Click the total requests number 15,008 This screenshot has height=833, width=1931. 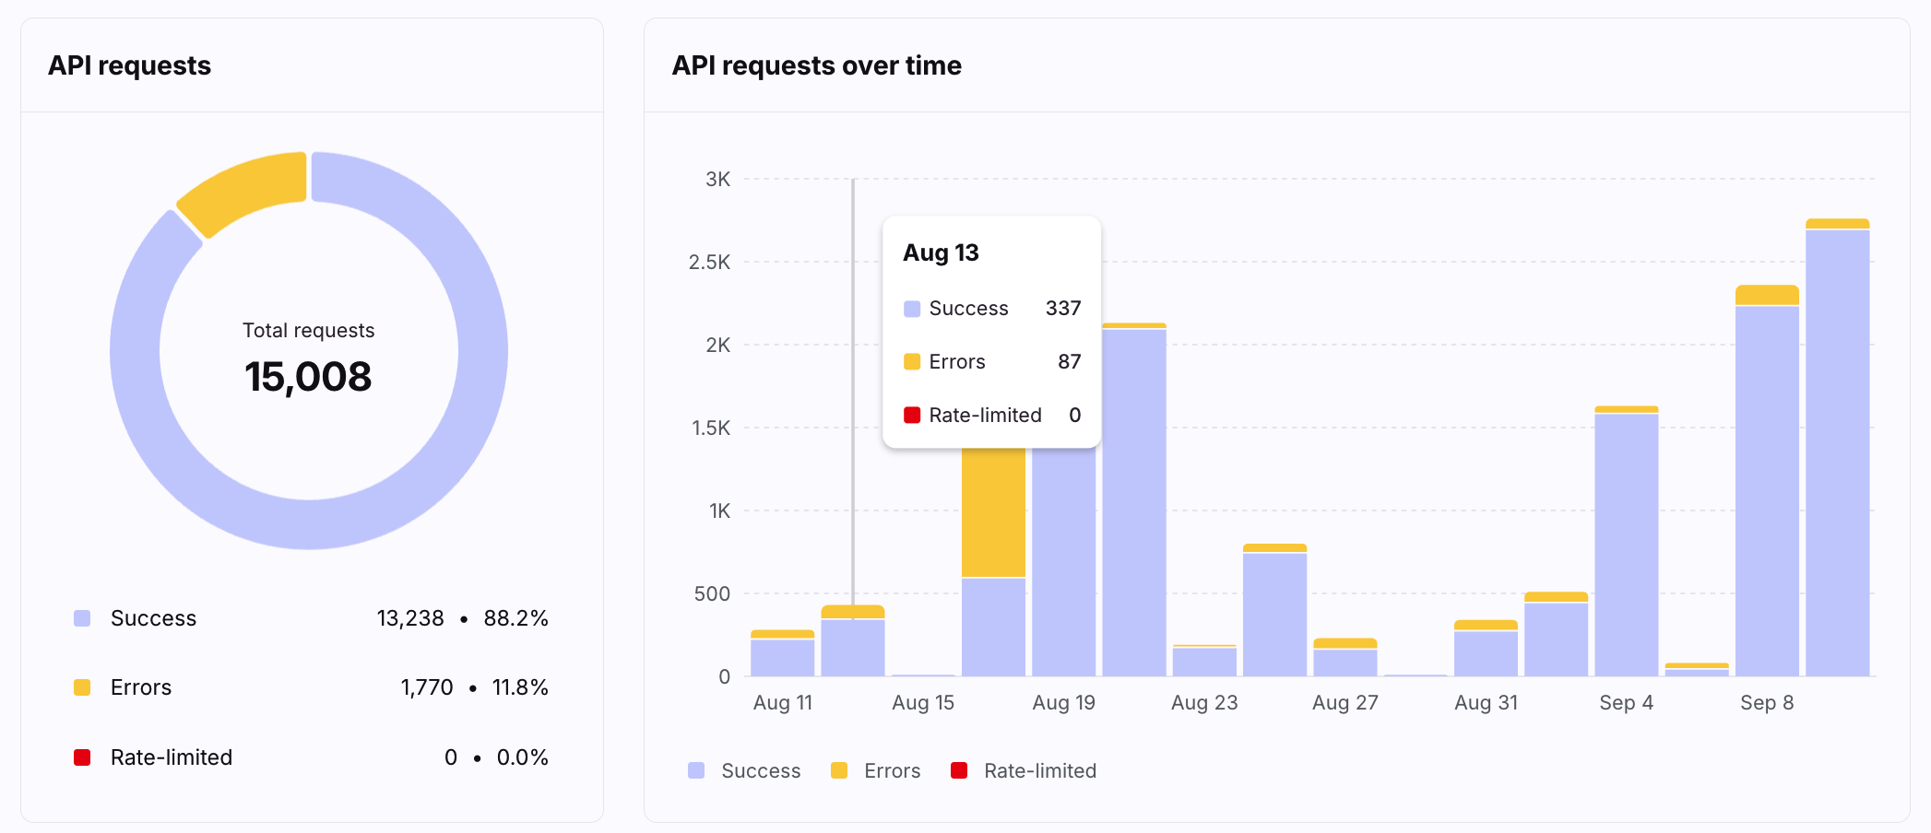pyautogui.click(x=308, y=377)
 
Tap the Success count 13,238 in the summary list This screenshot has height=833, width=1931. pyautogui.click(x=410, y=618)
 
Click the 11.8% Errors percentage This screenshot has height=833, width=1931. pyautogui.click(x=520, y=687)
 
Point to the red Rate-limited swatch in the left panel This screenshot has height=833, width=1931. pyautogui.click(x=82, y=757)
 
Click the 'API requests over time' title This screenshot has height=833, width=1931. pyautogui.click(x=816, y=65)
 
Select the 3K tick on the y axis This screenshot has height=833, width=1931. pyautogui.click(x=717, y=179)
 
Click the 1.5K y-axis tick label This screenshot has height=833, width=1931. pyautogui.click(x=711, y=428)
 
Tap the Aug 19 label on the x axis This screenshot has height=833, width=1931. pyautogui.click(x=1063, y=702)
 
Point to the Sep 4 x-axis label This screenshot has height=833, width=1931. pyautogui.click(x=1626, y=702)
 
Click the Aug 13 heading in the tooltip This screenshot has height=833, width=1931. pyautogui.click(x=941, y=252)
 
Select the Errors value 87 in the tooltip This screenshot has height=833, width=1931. pyautogui.click(x=1069, y=361)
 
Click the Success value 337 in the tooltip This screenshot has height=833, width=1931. pyautogui.click(x=1062, y=308)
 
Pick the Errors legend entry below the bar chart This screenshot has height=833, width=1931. pyautogui.click(x=876, y=770)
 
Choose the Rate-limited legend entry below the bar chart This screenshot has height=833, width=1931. pyautogui.click(x=1024, y=770)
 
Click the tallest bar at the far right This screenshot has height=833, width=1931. pyautogui.click(x=1837, y=448)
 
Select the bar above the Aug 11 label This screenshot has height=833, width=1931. pyautogui.click(x=782, y=653)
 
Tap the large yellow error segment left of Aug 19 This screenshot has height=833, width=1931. pyautogui.click(x=993, y=512)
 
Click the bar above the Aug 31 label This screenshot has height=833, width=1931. pyautogui.click(x=1486, y=649)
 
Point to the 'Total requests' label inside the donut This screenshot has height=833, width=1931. pyautogui.click(x=308, y=330)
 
